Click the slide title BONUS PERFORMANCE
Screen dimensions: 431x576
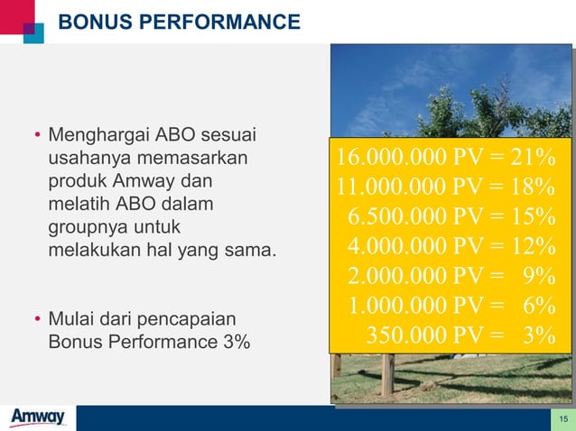[179, 22]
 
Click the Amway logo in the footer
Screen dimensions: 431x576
[37, 417]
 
